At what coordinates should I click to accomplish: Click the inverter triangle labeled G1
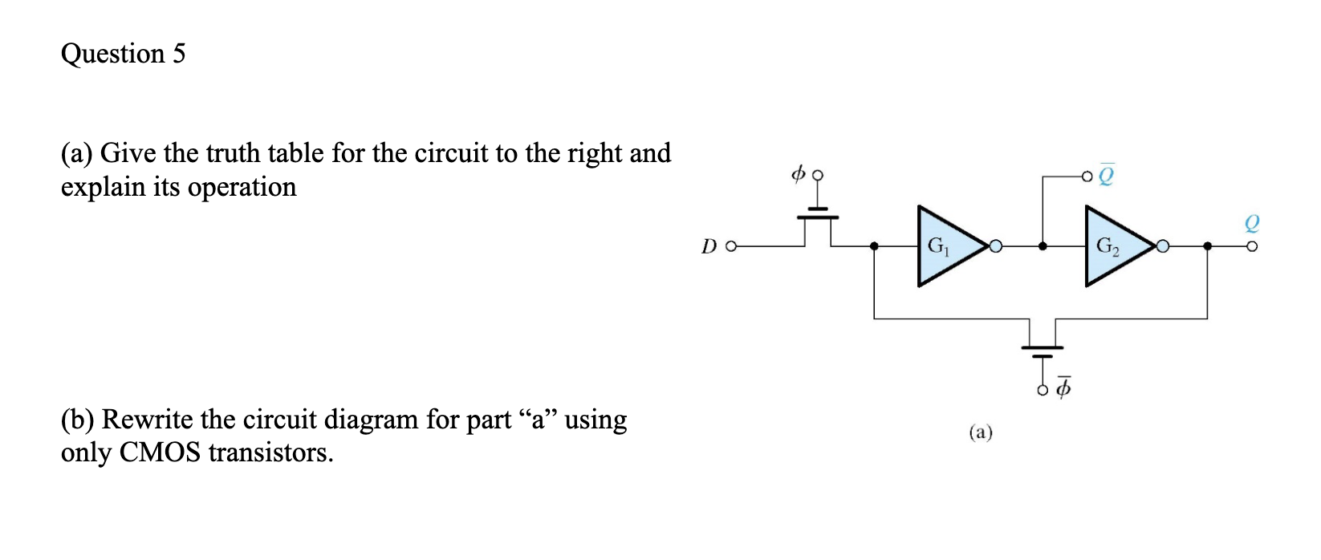947,246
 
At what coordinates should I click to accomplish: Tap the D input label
709,246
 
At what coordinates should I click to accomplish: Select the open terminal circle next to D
730,246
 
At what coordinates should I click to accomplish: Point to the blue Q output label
1251,222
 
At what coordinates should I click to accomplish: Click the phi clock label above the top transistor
798,173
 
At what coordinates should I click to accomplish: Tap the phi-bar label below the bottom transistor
1063,388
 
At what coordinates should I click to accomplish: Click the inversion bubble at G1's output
996,246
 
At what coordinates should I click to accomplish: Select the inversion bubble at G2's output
1163,246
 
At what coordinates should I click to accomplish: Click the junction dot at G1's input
874,246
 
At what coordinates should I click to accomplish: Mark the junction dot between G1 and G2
1043,246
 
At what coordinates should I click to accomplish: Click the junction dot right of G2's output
1207,246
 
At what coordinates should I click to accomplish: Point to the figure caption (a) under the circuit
980,433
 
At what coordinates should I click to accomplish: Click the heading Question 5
123,54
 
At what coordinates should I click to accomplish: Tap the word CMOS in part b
160,452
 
